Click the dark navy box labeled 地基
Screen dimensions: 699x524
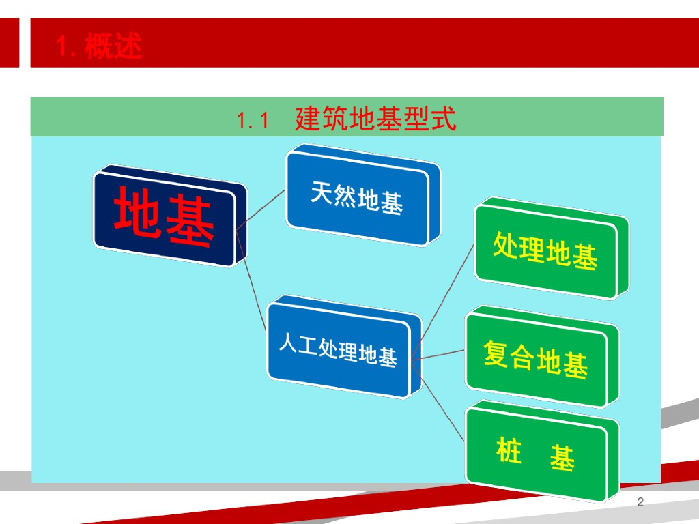coord(169,216)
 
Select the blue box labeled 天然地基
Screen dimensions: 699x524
coord(362,195)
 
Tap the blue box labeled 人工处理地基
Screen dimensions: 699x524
coord(343,347)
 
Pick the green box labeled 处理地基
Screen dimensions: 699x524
coord(551,248)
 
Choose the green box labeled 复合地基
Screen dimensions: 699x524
coord(541,357)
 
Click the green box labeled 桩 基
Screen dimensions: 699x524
coord(541,452)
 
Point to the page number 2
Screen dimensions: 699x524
coord(640,501)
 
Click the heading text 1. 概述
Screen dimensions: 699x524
coord(99,46)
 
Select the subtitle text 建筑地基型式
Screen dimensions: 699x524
coord(376,119)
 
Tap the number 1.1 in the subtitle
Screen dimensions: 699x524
coord(253,120)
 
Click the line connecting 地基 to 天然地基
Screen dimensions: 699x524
coord(260,210)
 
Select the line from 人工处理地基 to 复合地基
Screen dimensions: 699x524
coord(438,355)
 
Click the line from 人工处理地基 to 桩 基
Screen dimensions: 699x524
coord(438,401)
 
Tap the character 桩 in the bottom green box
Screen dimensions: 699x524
coord(509,450)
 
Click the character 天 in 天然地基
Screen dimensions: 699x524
coord(322,192)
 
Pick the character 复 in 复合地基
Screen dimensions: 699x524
coord(496,353)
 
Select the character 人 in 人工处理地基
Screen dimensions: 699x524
coord(288,343)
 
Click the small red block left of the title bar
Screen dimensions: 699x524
coord(10,43)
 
